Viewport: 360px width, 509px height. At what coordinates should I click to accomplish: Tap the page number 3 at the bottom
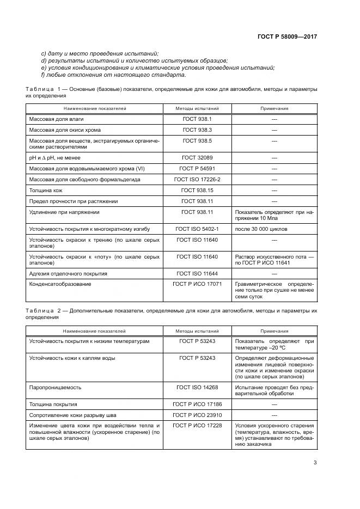[x=315, y=463]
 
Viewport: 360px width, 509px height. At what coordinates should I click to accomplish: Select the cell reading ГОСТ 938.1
[x=197, y=119]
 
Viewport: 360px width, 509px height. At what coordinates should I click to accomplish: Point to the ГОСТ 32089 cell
[x=197, y=157]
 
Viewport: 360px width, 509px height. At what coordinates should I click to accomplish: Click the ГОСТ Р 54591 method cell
[x=197, y=168]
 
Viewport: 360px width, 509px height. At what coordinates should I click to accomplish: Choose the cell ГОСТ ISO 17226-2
[x=197, y=179]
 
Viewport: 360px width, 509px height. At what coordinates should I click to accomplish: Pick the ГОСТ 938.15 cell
[x=197, y=190]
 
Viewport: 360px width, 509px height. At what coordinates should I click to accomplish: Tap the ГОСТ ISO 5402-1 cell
[x=197, y=229]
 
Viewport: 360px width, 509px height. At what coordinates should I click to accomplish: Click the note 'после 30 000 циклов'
[x=261, y=229]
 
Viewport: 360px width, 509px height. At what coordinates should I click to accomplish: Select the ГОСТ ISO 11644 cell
[x=197, y=273]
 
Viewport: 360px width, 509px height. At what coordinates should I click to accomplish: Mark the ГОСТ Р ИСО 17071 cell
[x=197, y=284]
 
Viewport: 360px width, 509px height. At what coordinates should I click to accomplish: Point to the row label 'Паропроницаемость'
[x=55, y=387]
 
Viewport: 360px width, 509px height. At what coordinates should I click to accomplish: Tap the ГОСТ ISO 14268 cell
[x=197, y=387]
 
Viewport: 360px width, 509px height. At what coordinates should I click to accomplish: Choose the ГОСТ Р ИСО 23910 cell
[x=197, y=415]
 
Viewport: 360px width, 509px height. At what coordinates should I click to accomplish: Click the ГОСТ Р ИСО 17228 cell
[x=197, y=426]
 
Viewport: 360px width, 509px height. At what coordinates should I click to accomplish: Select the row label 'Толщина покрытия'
[x=53, y=404]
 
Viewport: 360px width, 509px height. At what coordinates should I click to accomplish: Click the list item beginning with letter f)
[x=109, y=75]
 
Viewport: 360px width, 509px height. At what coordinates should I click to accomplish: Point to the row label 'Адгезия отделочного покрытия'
[x=68, y=273]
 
